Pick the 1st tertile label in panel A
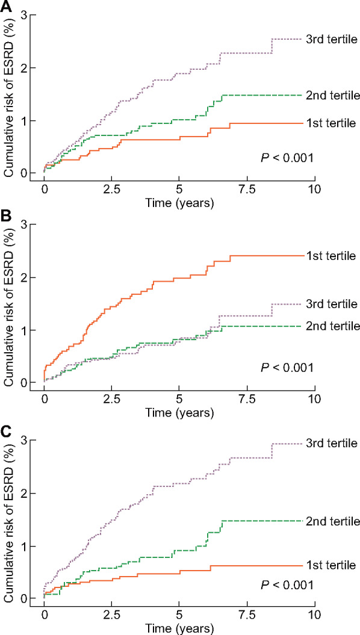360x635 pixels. (x=330, y=123)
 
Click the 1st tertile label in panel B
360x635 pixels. (x=330, y=256)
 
